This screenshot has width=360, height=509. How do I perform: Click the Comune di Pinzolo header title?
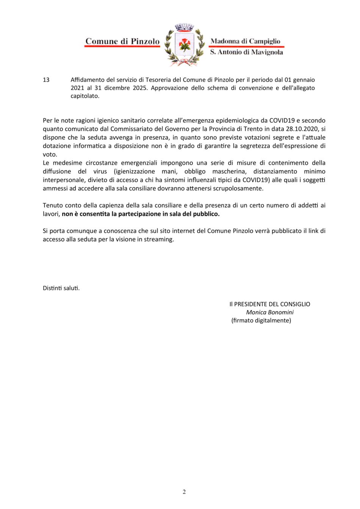[122, 41]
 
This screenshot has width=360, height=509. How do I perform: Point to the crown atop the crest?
[184, 28]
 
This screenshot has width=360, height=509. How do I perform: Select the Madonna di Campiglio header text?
[245, 41]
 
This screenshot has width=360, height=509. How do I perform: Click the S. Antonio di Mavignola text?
[246, 52]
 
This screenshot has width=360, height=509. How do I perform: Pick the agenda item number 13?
[46, 80]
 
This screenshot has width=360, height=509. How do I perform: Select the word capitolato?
[85, 96]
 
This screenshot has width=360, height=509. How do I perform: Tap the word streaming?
[159, 239]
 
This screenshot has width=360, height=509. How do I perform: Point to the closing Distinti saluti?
[61, 288]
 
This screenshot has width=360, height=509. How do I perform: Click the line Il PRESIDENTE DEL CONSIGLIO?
[269, 304]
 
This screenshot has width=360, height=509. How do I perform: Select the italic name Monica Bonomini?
[269, 312]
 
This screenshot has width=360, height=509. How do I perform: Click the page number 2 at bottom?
[184, 492]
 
